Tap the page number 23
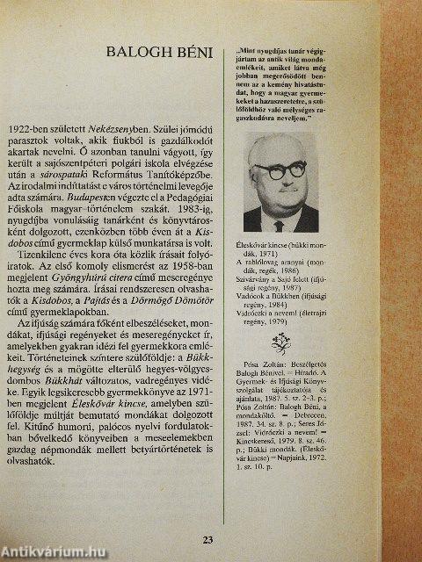click(207, 538)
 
